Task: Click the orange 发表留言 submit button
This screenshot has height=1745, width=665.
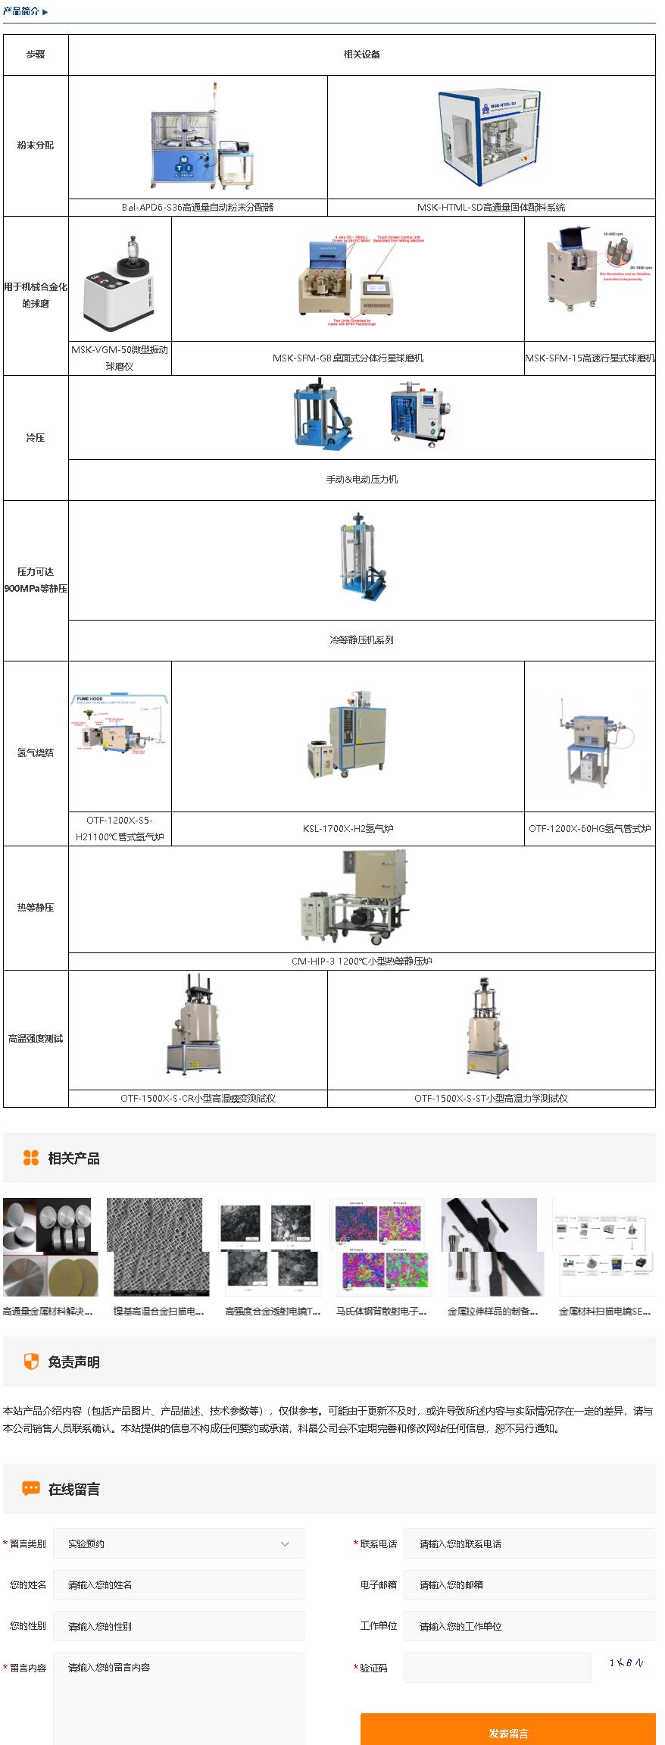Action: [x=507, y=1732]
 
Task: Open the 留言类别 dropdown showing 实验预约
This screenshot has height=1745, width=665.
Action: [x=179, y=1543]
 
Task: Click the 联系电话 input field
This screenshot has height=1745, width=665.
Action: [x=529, y=1543]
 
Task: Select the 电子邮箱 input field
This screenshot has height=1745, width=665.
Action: [x=529, y=1584]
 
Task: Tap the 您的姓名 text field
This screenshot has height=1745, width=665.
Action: [x=179, y=1584]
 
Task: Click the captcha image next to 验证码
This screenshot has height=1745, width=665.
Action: [x=626, y=1662]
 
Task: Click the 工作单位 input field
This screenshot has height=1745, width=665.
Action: [x=529, y=1626]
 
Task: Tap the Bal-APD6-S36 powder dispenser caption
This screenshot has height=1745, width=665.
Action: [x=198, y=208]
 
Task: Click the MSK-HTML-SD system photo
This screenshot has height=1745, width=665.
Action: [x=491, y=138]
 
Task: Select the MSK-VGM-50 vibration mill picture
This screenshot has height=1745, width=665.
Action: [x=120, y=280]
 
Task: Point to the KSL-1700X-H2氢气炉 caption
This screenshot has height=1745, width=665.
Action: [x=348, y=829]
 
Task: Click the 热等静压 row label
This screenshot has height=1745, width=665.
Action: [x=36, y=908]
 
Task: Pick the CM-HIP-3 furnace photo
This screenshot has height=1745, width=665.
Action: [x=356, y=898]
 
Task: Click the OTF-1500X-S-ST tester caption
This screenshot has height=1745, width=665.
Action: [x=491, y=1099]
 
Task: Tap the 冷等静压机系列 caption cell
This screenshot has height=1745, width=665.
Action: [x=361, y=640]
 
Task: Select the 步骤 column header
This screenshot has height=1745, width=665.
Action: [x=36, y=55]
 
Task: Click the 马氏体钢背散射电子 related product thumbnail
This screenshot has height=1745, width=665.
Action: [x=381, y=1247]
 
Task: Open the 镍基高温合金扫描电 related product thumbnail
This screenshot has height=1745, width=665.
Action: [x=158, y=1247]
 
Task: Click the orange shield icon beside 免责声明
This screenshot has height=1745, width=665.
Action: [x=31, y=1362]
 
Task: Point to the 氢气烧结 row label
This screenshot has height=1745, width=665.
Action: [x=36, y=753]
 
